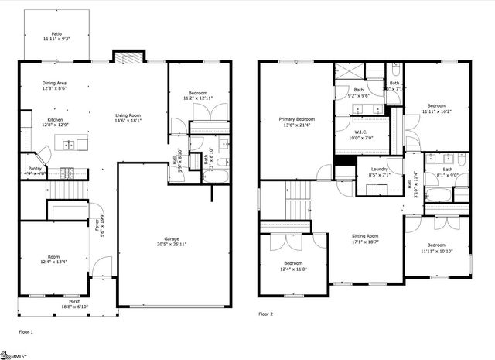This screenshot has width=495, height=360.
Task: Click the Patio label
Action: click(56, 34)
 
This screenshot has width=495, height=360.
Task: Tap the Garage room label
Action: click(171, 238)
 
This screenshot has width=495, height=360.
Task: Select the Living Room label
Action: click(128, 115)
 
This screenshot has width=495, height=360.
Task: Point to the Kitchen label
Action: click(55, 119)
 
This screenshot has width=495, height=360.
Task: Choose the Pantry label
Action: click(35, 168)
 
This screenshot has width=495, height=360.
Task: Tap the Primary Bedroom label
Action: click(297, 118)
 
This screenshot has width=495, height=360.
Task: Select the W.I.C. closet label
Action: click(363, 132)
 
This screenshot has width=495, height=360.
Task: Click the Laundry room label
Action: click(379, 169)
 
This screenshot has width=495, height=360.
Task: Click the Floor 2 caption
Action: click(265, 314)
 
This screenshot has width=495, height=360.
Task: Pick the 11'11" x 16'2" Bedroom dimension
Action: click(437, 111)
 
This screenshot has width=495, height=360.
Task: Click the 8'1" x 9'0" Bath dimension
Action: click(447, 175)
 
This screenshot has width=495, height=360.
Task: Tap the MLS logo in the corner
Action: click(14, 355)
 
